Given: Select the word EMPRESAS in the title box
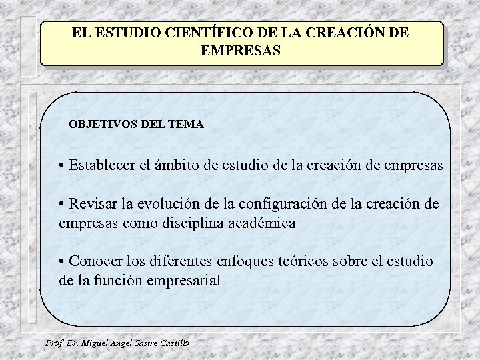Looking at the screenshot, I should pyautogui.click(x=241, y=50).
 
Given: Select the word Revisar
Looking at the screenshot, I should pyautogui.click(x=93, y=204).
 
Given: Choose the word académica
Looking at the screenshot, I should pyautogui.click(x=262, y=223).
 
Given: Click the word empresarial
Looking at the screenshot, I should pyautogui.click(x=187, y=281).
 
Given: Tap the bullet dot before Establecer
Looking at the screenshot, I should pyautogui.click(x=61, y=165).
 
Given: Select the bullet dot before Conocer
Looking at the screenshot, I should pyautogui.click(x=61, y=262).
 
